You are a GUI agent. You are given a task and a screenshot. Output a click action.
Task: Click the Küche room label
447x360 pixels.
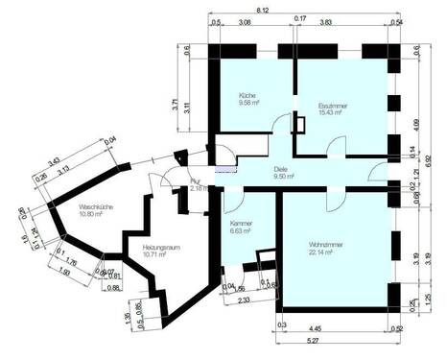coord(247,96)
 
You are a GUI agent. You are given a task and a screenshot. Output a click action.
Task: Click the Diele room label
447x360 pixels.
coord(282,170)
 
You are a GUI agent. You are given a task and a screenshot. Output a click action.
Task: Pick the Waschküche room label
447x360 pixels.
coord(98,205)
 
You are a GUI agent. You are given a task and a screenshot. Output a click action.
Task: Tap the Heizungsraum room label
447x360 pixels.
coord(162,248)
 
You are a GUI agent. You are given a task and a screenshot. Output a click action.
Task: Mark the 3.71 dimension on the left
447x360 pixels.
coord(174,107)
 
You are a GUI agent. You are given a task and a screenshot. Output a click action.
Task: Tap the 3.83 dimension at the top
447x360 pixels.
coord(352,20)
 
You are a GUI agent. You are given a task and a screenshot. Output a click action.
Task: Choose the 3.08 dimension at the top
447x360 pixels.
coord(245,20)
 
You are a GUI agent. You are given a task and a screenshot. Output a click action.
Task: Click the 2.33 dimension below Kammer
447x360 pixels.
coord(246,300)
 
